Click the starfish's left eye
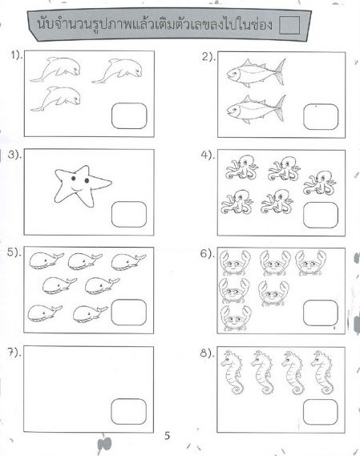coord(73,178)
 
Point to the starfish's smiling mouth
coord(76,188)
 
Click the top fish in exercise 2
coord(256,73)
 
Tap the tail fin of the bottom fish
coord(280,108)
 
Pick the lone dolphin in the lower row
coord(55,99)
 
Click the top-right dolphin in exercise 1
coord(117,71)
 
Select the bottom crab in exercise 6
coord(236,318)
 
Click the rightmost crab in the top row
coord(310,263)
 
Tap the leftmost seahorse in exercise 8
coord(233,373)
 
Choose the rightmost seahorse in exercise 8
coord(322,373)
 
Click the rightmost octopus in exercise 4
coord(320,183)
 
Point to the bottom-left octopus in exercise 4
coord(237,202)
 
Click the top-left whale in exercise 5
coord(47,260)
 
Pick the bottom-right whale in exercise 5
coord(91,314)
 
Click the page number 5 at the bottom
coord(167,436)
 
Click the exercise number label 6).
coord(207,254)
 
